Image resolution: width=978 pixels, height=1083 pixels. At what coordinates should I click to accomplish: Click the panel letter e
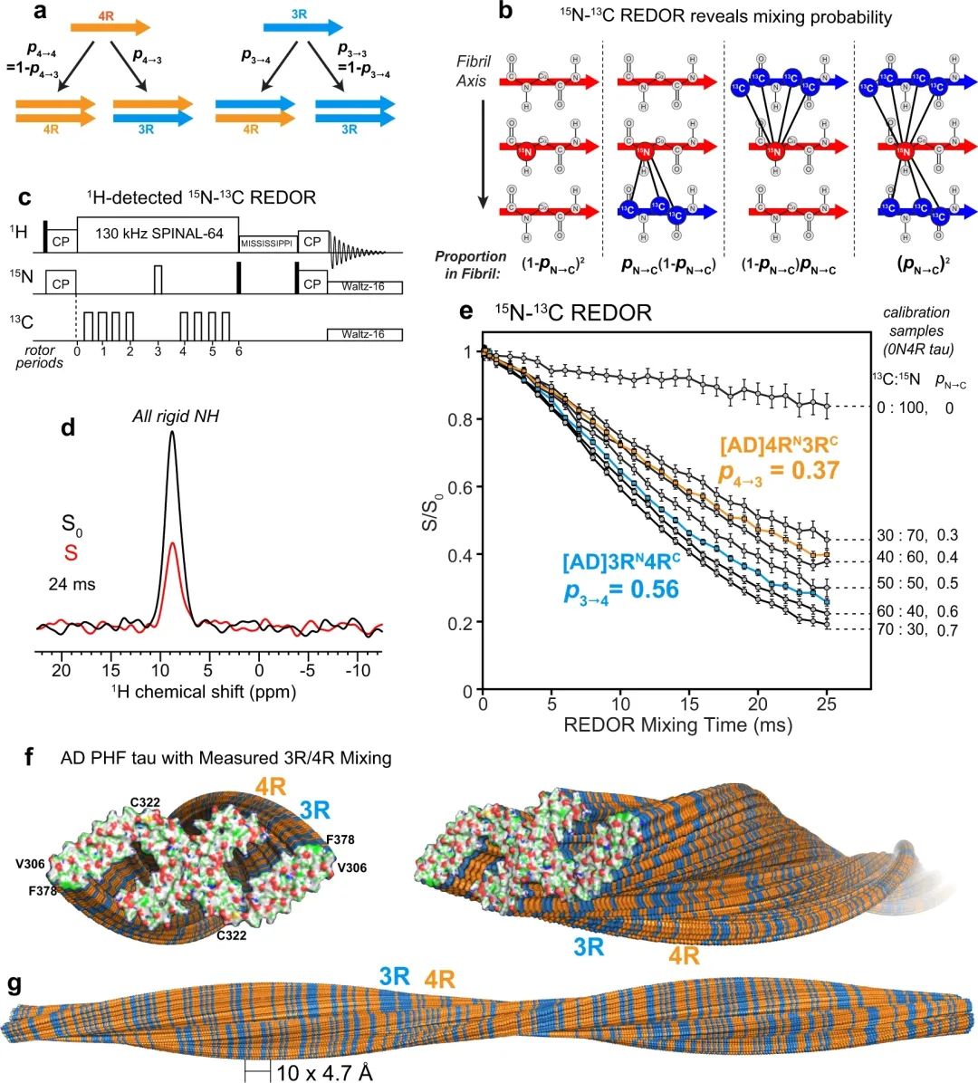coord(467,311)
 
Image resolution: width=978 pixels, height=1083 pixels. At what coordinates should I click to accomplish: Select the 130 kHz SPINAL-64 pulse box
coord(159,233)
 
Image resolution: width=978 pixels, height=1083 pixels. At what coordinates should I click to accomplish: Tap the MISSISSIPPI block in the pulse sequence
coord(268,243)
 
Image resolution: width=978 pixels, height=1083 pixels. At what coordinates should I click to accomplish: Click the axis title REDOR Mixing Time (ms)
coord(677,725)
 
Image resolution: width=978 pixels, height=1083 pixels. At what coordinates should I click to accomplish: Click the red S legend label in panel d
coord(67,553)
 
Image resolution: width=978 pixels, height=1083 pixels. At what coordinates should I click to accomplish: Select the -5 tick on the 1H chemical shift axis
coord(308,671)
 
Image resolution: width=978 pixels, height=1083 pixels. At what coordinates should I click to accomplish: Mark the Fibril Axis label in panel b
coord(474,71)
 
